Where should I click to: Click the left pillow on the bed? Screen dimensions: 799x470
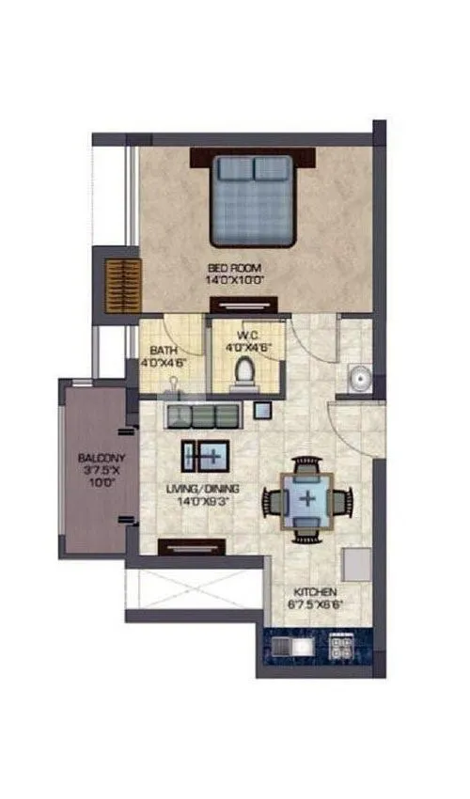(234, 170)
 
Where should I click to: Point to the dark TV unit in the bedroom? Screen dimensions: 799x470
(243, 303)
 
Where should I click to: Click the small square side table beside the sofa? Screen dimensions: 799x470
(262, 409)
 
